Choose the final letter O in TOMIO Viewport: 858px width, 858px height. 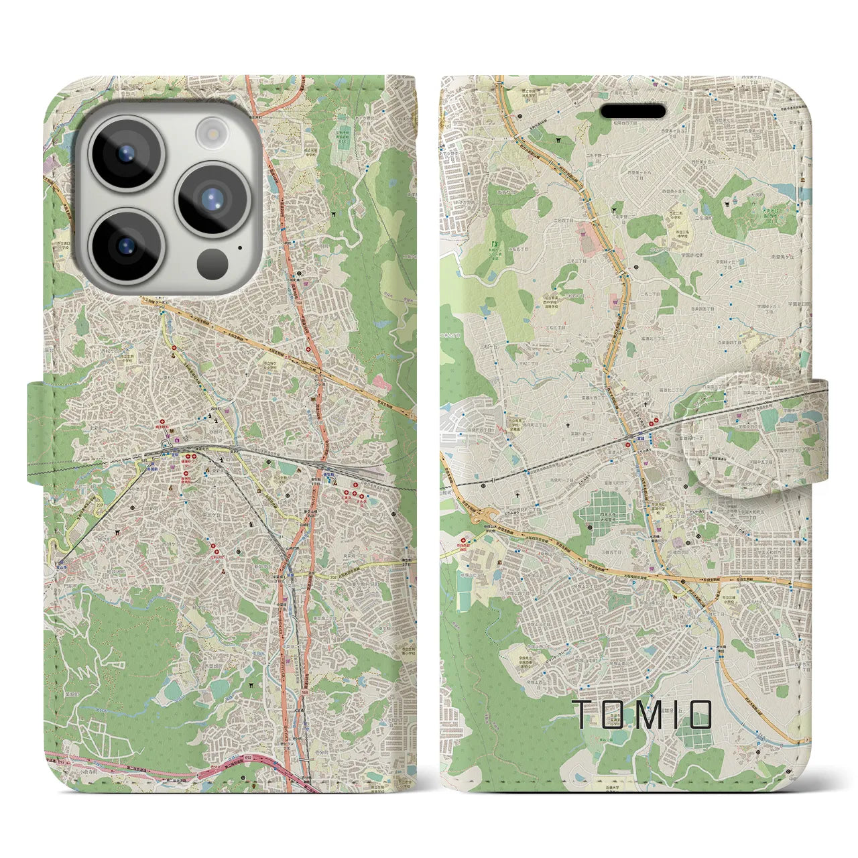point(700,715)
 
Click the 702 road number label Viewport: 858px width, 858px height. point(333,575)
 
